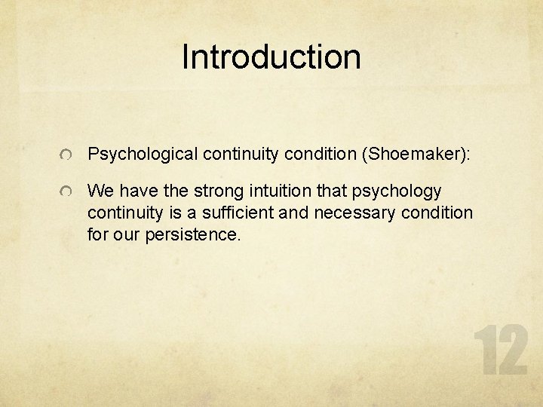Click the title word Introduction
(x=271, y=57)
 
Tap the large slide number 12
(x=500, y=351)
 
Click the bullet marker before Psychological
(x=67, y=155)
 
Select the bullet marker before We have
(x=67, y=192)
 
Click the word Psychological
(x=143, y=155)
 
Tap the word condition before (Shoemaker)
(x=319, y=155)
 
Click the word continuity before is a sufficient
(x=121, y=213)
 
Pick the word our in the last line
(x=125, y=234)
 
